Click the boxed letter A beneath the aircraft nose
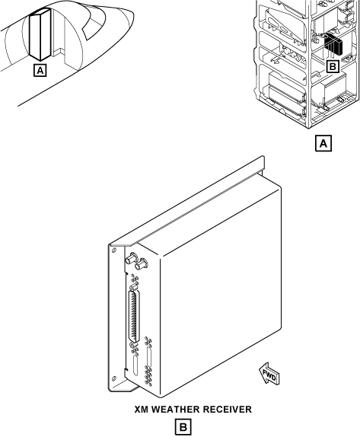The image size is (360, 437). [40, 71]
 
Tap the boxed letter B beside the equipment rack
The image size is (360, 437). [333, 66]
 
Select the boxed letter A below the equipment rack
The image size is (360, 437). [323, 144]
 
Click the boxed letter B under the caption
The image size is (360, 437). [183, 427]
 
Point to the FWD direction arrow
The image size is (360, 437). [269, 375]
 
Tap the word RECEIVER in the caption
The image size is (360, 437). [227, 410]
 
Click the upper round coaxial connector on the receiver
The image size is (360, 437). [131, 258]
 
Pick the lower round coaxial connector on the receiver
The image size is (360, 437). [141, 264]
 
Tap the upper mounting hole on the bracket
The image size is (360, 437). [113, 250]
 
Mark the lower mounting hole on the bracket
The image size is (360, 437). [113, 378]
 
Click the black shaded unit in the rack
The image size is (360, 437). [333, 44]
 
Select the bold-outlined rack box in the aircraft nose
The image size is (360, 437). [40, 34]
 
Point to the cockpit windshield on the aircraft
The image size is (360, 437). [94, 22]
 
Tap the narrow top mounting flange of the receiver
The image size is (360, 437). [186, 200]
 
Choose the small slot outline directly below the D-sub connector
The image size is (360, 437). [135, 365]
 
